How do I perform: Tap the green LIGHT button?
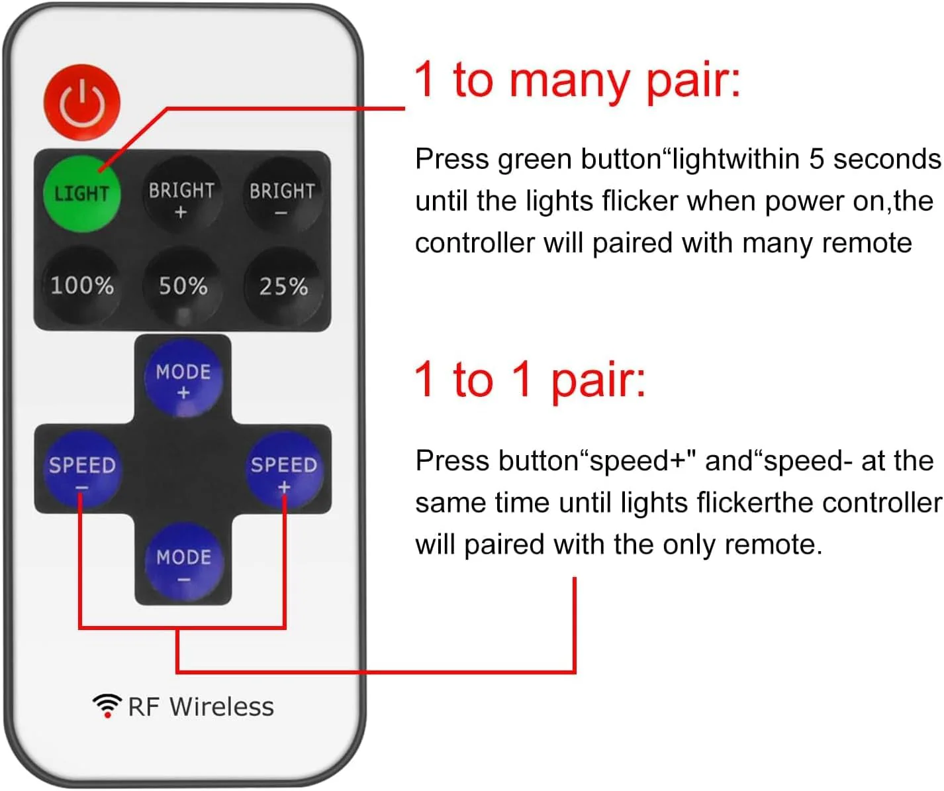[x=82, y=193]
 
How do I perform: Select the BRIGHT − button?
[x=283, y=195]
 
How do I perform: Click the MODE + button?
[x=183, y=379]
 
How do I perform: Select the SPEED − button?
[x=82, y=470]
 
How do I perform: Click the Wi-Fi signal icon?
[x=107, y=706]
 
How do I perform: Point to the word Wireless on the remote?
[x=222, y=706]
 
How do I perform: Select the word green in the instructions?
[x=535, y=160]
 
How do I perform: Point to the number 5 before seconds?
[x=816, y=159]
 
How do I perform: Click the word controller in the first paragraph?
[x=475, y=243]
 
